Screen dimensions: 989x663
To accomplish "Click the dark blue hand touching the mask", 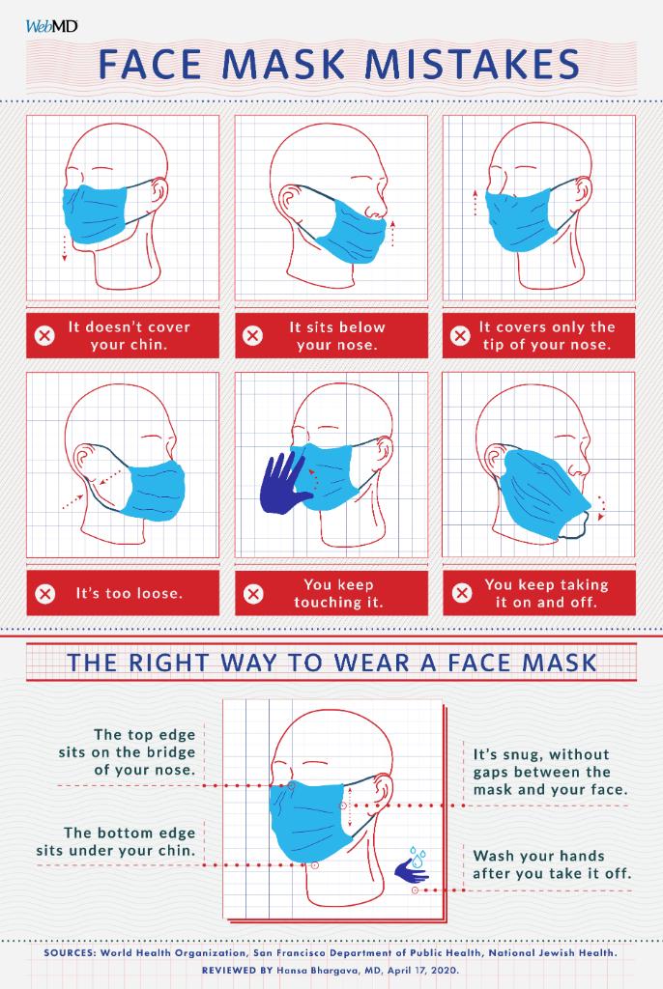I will tap(283, 482).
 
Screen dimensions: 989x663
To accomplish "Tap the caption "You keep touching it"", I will tap(337, 593).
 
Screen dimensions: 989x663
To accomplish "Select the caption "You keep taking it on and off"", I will tap(546, 593).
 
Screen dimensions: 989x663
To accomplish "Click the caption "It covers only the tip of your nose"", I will tap(547, 336).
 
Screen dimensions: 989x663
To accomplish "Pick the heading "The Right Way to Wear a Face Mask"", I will tap(331, 664).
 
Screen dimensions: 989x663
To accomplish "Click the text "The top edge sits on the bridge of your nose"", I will tap(144, 751).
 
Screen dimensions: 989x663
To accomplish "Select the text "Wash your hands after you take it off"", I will tap(552, 864).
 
